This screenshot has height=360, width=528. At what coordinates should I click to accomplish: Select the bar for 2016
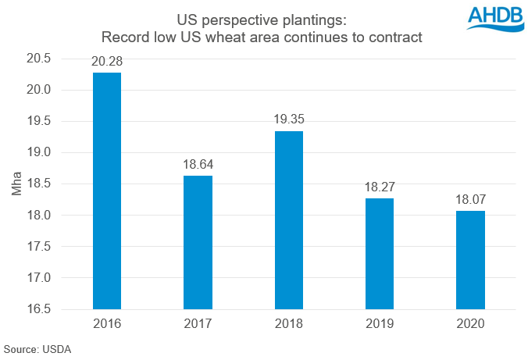(x=106, y=191)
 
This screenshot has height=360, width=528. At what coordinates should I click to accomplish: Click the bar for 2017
(x=198, y=242)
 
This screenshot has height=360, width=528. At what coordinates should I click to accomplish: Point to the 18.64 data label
(x=198, y=165)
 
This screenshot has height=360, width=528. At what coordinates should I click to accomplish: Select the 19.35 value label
(x=288, y=120)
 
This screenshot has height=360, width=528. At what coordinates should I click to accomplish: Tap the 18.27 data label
(x=380, y=188)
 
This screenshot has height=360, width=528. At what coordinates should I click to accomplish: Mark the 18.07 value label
(x=470, y=201)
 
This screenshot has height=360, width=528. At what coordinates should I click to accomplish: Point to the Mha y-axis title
(x=17, y=184)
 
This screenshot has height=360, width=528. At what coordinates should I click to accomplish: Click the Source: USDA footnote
(x=37, y=349)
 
